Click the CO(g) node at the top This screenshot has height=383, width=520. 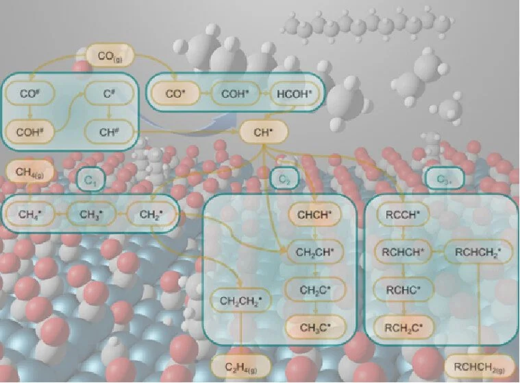tap(109, 53)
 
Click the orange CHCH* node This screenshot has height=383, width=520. tap(314, 215)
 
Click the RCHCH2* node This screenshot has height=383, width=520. tap(478, 252)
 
